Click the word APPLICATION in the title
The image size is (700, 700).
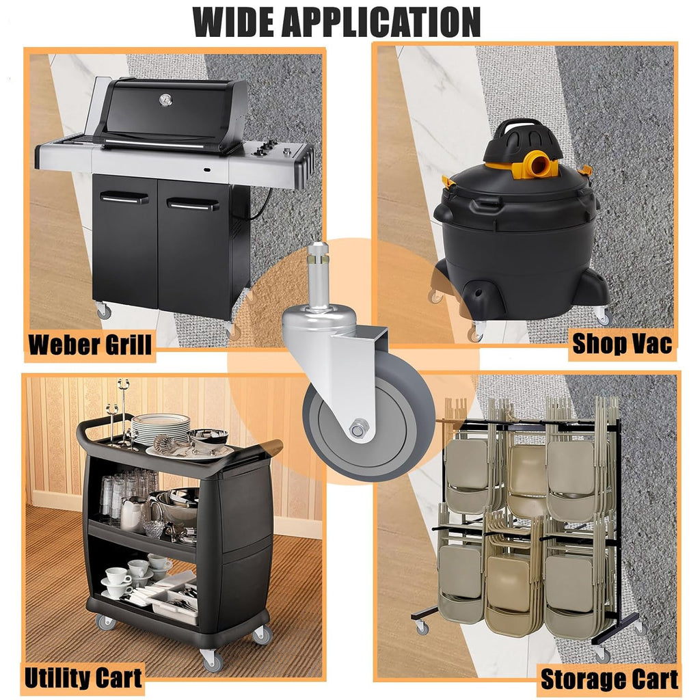tap(381, 22)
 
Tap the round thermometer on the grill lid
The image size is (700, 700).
tap(165, 100)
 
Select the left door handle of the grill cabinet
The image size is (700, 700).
tap(124, 198)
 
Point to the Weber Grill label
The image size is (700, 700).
tap(90, 345)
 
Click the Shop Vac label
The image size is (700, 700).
tap(622, 344)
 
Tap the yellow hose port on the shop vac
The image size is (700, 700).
tap(541, 164)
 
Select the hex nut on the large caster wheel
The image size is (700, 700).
tap(359, 429)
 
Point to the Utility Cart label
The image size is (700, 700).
tap(83, 677)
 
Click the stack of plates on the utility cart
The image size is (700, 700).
tap(161, 429)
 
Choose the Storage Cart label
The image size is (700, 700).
tap(609, 679)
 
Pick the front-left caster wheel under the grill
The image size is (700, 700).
tap(104, 310)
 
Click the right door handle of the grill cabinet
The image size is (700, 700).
tap(193, 204)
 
